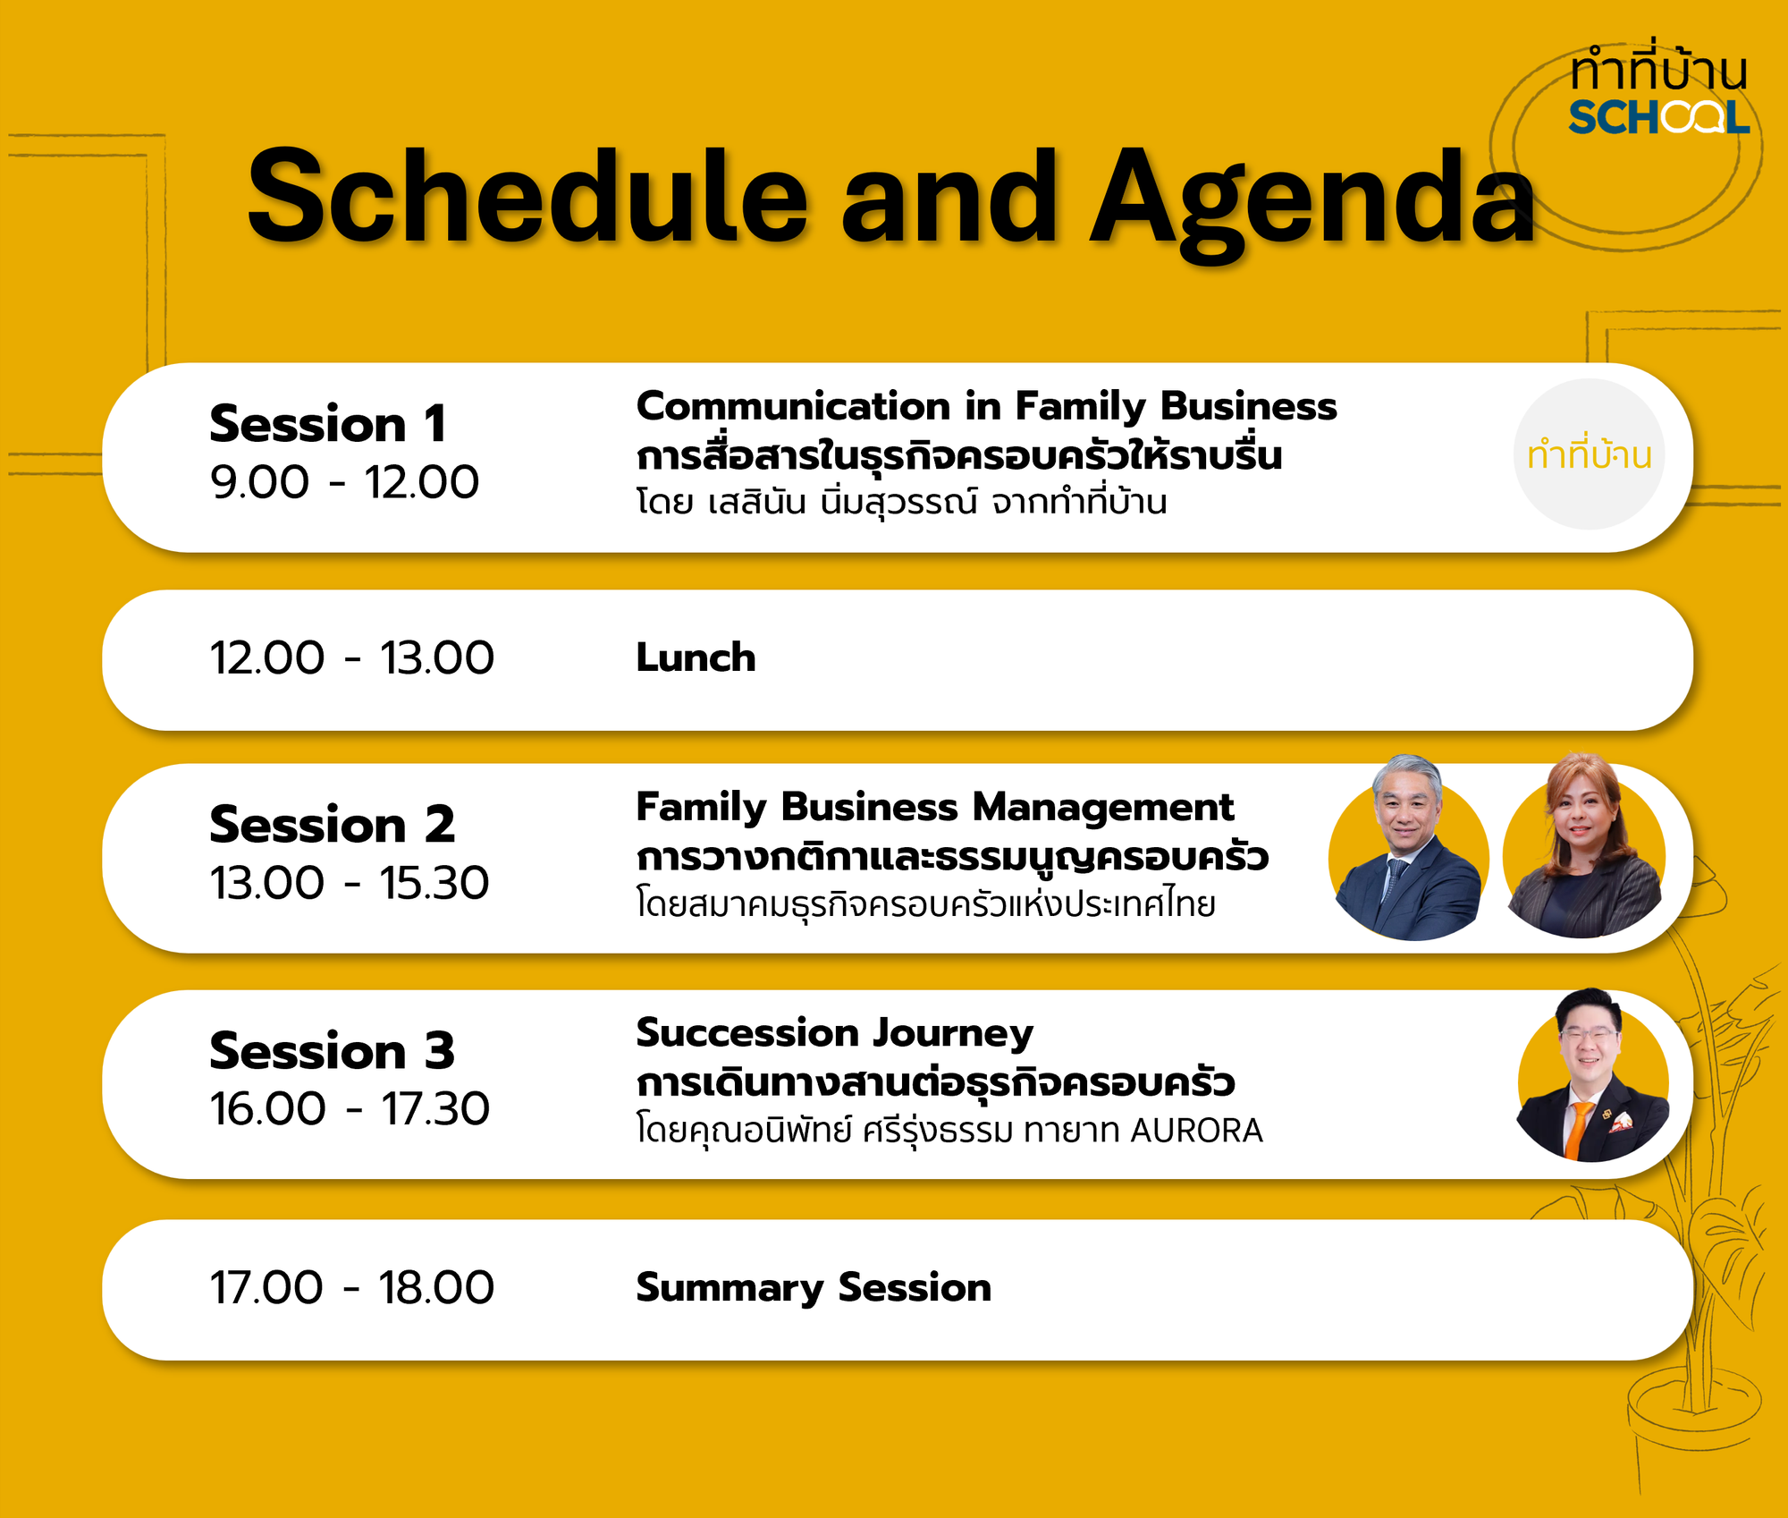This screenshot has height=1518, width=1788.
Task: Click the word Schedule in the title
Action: [x=527, y=197]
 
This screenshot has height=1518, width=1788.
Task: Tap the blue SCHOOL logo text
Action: [x=1658, y=118]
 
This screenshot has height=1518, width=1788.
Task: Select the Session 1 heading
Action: [x=328, y=423]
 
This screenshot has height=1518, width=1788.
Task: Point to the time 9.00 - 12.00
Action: [x=344, y=482]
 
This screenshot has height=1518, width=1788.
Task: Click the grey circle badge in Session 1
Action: [x=1589, y=454]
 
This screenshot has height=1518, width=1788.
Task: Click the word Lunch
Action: [x=696, y=657]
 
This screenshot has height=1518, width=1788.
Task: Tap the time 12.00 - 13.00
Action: [x=351, y=658]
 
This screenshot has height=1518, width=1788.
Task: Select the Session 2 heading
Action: [x=332, y=824]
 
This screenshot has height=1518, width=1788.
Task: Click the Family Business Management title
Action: [x=934, y=807]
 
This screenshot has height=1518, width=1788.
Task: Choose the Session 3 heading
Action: [x=332, y=1050]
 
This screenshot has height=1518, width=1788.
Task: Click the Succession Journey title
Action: [x=834, y=1033]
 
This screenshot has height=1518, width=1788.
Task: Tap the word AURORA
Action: [x=1196, y=1131]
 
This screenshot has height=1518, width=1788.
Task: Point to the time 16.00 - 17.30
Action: [x=350, y=1109]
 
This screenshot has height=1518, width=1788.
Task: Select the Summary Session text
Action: [x=814, y=1288]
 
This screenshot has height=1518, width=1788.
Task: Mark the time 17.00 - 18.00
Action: [x=351, y=1288]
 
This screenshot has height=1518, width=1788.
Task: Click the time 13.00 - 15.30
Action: [x=350, y=883]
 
